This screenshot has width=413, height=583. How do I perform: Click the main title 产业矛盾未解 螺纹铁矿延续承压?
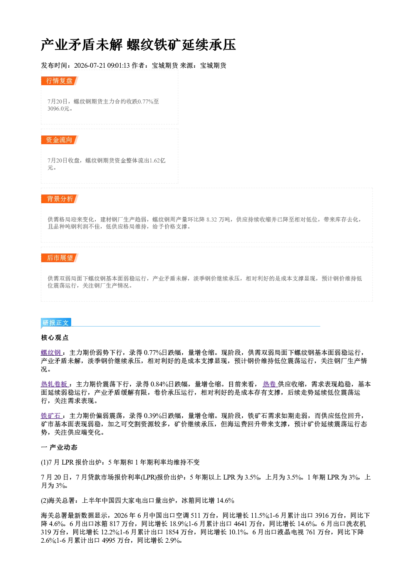coord(138,45)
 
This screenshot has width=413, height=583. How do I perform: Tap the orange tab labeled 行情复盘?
coord(60,81)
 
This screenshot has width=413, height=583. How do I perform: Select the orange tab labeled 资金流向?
coord(60,140)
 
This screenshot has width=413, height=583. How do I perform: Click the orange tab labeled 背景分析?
coord(60,199)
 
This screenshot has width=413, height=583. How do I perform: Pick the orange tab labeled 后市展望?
coord(60,258)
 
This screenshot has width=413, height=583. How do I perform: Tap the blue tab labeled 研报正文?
coord(56,323)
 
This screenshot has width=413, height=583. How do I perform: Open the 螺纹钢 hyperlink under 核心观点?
coord(51,353)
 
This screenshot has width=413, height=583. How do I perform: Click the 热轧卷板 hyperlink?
coord(55,384)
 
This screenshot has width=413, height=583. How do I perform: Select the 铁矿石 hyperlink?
coord(51,416)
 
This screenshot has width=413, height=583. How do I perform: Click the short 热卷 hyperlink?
coord(270,384)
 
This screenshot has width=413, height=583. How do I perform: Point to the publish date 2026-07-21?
coord(90,66)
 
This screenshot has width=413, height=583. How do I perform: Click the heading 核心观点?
coord(55,338)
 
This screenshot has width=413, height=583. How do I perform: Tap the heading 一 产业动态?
coord(59,448)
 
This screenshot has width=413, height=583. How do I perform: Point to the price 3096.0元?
coord(59,109)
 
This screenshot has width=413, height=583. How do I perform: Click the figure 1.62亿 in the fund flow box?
coord(157,160)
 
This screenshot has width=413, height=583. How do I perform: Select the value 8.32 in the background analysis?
coord(212,220)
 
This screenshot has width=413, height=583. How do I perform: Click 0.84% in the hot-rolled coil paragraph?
coord(159,384)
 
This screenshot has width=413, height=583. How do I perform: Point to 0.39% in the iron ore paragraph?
coord(153,416)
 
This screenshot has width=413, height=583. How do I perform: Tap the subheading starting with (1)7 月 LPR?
coord(120,462)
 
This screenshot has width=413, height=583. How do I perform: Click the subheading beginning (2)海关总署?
coord(138,500)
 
